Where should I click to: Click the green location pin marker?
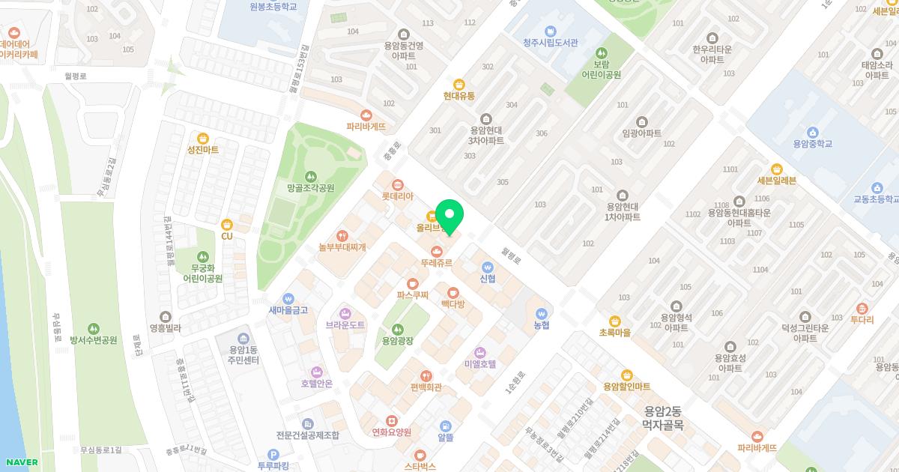point(449,216)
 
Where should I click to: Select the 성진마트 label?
point(203,150)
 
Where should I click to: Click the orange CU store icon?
point(227,224)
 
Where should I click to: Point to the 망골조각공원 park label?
point(310,188)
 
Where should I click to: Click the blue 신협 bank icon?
point(488,267)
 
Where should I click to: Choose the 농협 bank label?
point(542,325)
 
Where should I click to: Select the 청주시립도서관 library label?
point(551,43)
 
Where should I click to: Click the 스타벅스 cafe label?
point(420,466)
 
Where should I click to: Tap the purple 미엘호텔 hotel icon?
point(480,352)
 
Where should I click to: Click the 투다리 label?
point(862,319)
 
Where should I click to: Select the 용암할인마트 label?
point(627,387)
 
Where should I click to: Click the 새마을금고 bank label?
point(288,310)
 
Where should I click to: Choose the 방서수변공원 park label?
point(94,340)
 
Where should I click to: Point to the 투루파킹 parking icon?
point(273,454)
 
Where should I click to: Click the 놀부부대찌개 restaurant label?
point(342,246)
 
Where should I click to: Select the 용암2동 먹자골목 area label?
point(663,418)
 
